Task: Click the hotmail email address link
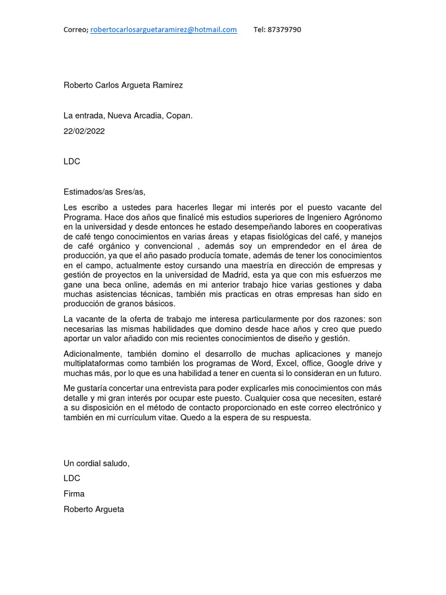pyautogui.click(x=164, y=30)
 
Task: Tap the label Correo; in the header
pyautogui.click(x=75, y=30)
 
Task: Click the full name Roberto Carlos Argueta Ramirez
pyautogui.click(x=123, y=85)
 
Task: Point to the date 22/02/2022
pyautogui.click(x=84, y=131)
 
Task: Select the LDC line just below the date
pyautogui.click(x=71, y=162)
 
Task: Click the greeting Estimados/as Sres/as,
pyautogui.click(x=104, y=192)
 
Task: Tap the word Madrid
pyautogui.click(x=256, y=275)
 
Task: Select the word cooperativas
pyautogui.click(x=355, y=227)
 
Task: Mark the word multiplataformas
pyautogui.click(x=97, y=363)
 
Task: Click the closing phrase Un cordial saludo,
pyautogui.click(x=96, y=463)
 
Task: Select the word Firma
pyautogui.click(x=74, y=494)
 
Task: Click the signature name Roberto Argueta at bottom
pyautogui.click(x=93, y=510)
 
